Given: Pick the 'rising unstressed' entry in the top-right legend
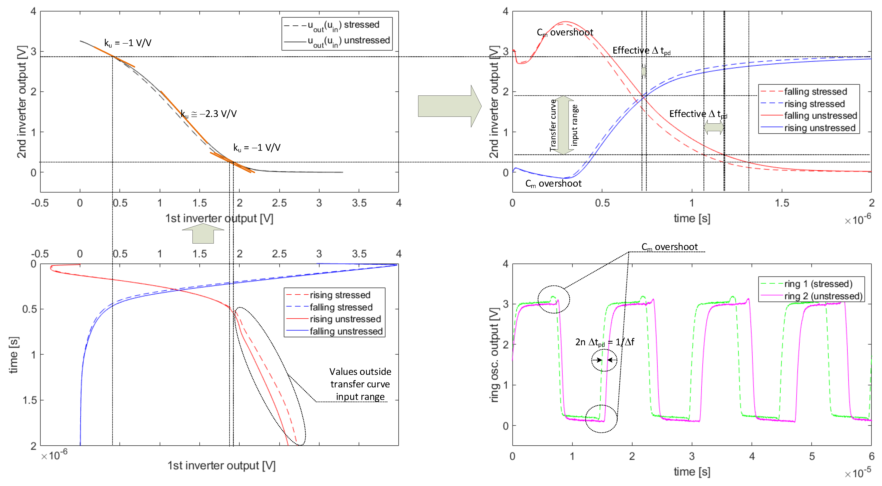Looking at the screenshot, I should (x=819, y=128).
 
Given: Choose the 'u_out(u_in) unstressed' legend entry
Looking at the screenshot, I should (x=349, y=41).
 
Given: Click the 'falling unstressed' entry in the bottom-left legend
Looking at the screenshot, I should (x=346, y=331).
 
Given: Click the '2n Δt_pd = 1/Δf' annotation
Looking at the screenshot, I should (x=604, y=342).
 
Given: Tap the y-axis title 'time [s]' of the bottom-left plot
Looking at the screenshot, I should (x=14, y=355).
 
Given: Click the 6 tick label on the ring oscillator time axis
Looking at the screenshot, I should (x=871, y=456).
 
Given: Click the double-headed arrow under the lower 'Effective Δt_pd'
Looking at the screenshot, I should (x=713, y=128).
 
